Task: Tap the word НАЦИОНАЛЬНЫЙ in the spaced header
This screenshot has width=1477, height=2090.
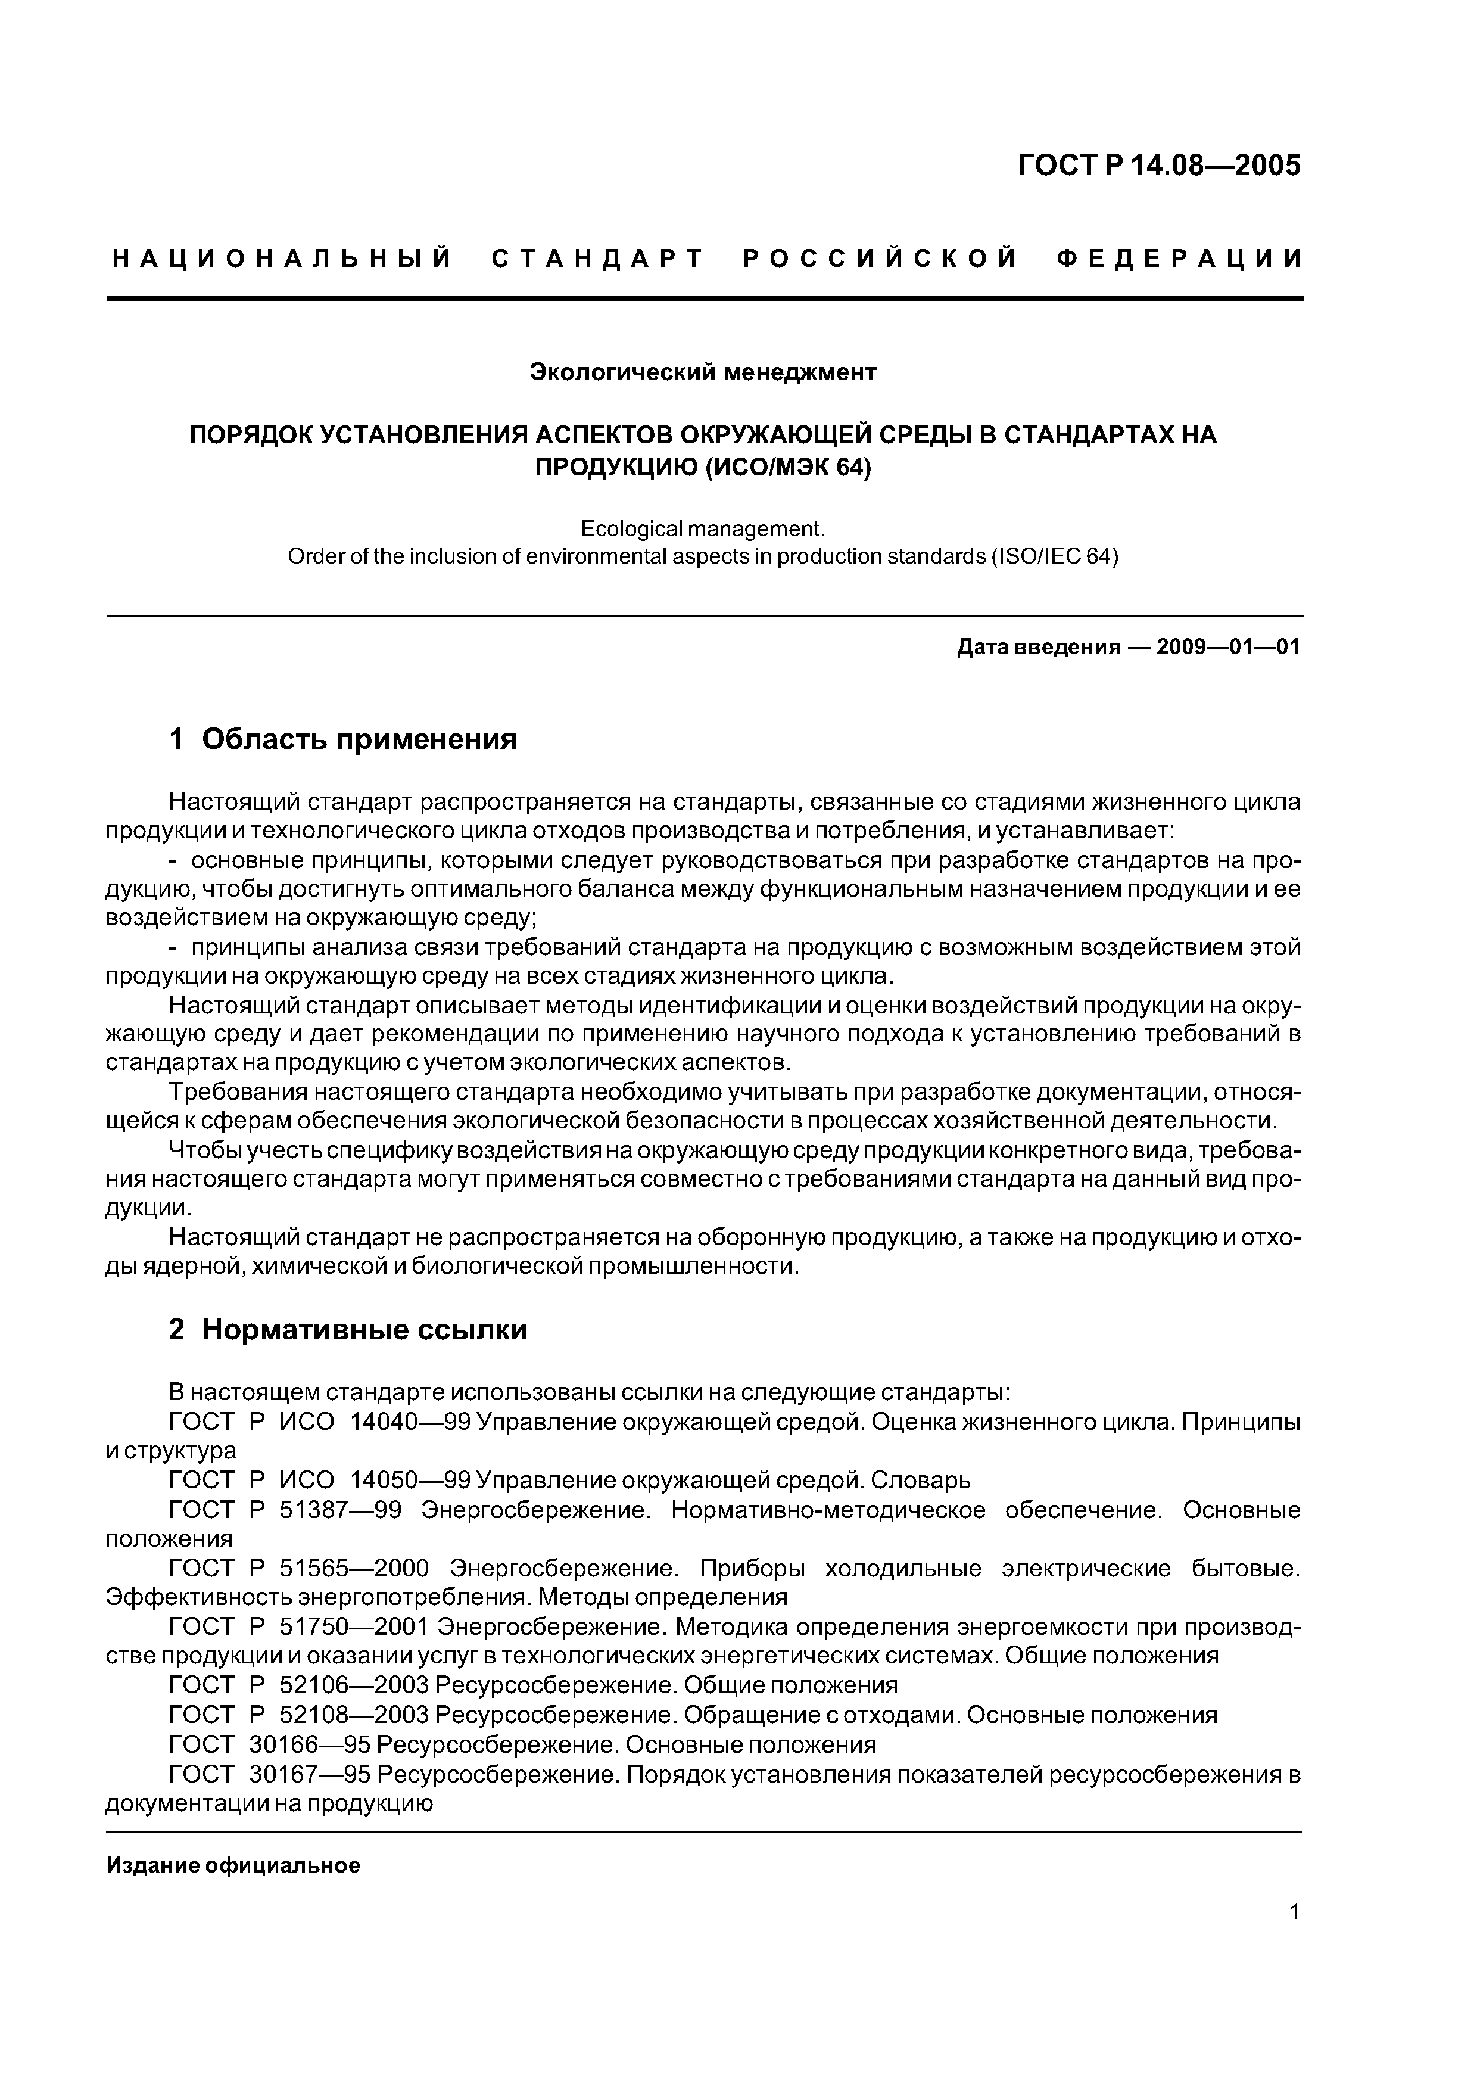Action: coord(282,259)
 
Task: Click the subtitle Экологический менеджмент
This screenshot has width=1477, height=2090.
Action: coord(703,372)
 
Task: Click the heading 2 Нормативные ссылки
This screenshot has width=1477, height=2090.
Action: coord(348,1330)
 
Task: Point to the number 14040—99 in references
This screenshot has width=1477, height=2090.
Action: coord(410,1422)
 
